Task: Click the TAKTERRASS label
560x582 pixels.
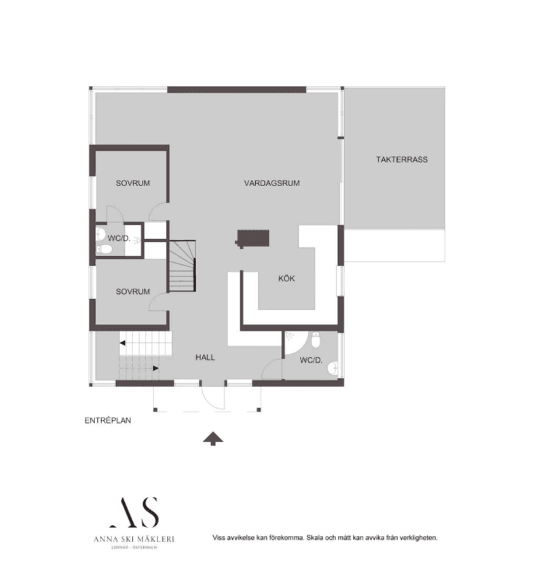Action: (x=402, y=160)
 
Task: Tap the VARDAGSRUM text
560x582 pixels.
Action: (x=272, y=183)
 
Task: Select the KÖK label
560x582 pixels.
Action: (x=286, y=278)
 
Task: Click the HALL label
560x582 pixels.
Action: (x=205, y=357)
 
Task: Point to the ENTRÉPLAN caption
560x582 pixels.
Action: (x=107, y=420)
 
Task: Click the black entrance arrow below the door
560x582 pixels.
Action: (x=214, y=439)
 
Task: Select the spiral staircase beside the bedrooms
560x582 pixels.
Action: (x=182, y=266)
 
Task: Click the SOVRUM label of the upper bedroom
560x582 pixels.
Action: (x=132, y=183)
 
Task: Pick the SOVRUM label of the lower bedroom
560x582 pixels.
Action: (x=132, y=291)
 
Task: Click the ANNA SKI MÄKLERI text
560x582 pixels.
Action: (x=134, y=539)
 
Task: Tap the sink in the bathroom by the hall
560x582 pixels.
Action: (x=332, y=368)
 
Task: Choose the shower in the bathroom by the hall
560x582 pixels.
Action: (x=293, y=342)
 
